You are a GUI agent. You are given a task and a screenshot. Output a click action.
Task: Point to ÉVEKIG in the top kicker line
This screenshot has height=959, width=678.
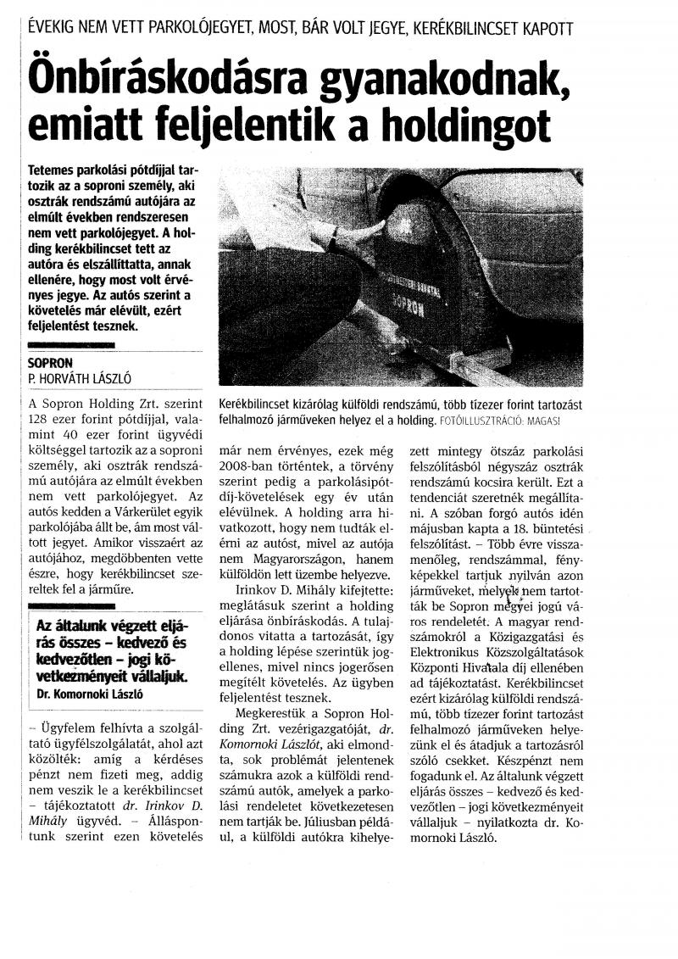click(x=56, y=27)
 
